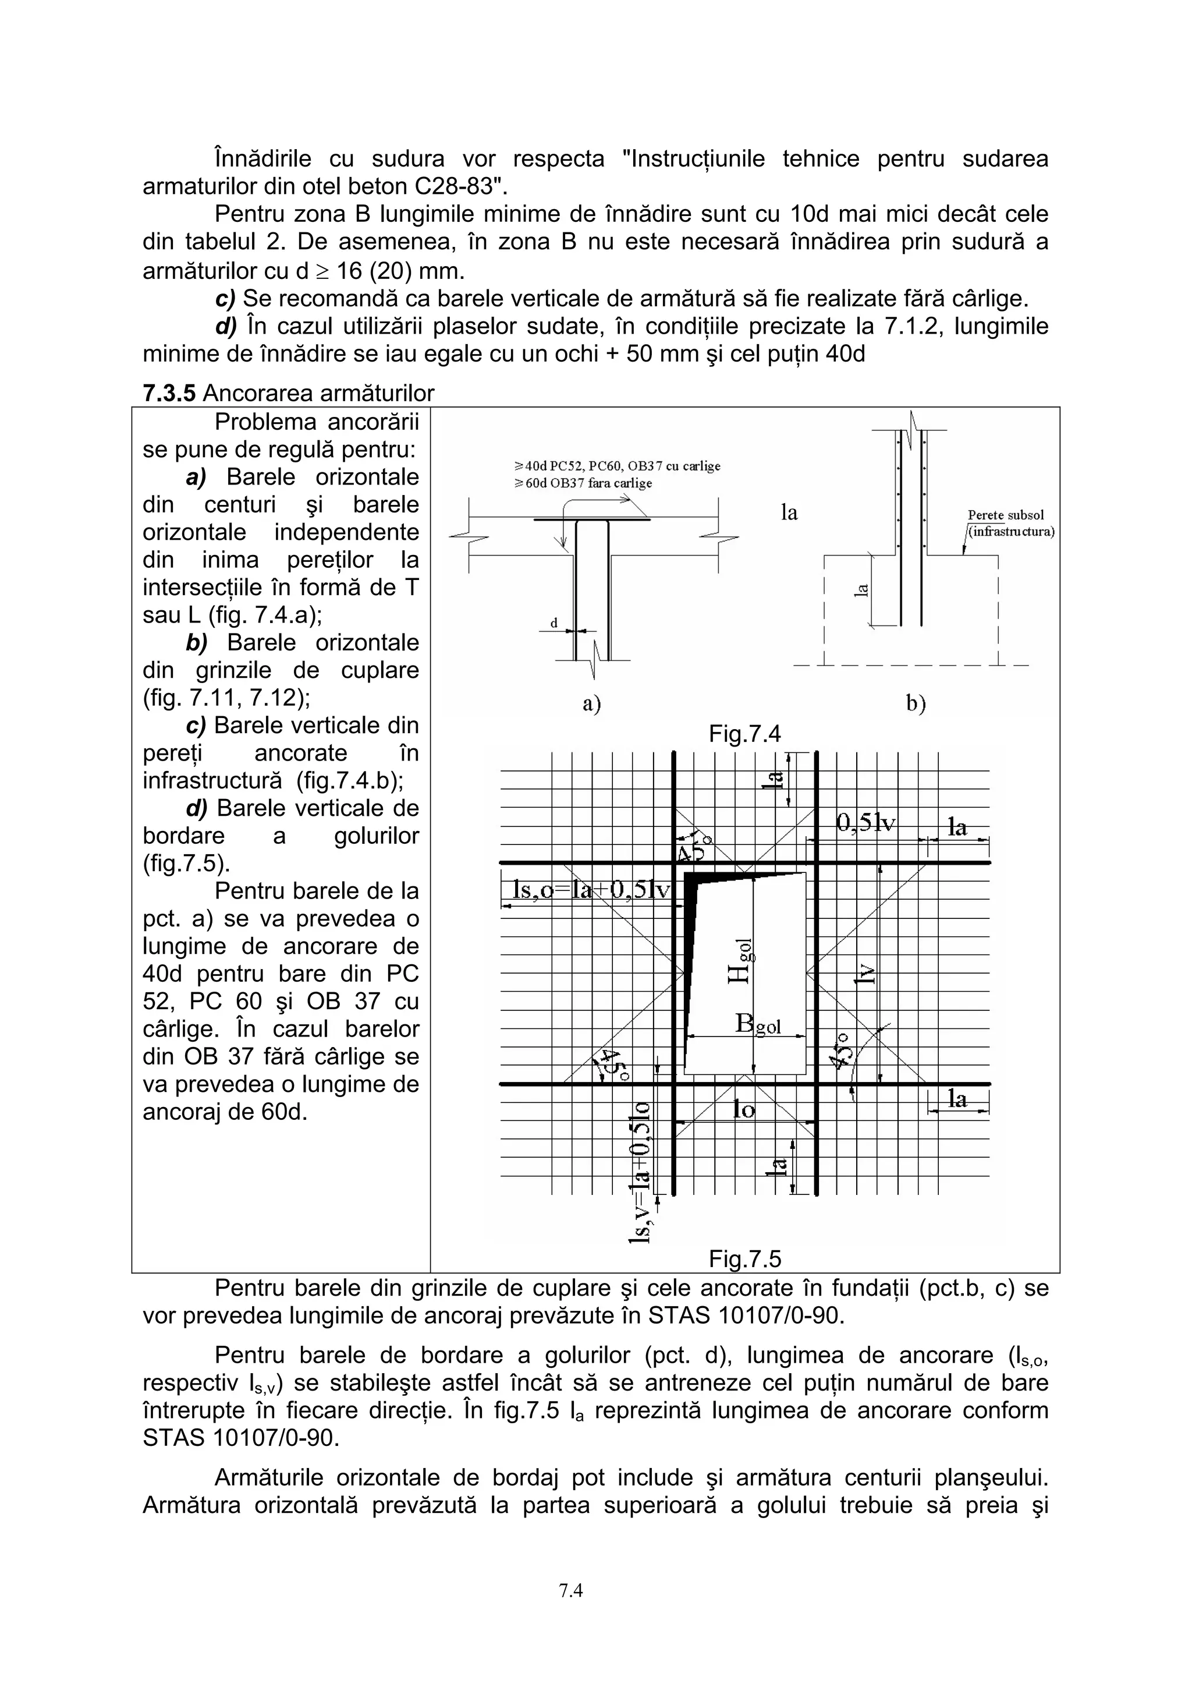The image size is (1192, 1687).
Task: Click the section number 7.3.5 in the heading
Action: pos(169,394)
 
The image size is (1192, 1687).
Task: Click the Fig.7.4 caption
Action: pos(744,733)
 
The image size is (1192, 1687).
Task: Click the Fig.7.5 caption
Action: pos(744,1260)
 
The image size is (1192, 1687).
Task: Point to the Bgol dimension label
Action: pos(758,1024)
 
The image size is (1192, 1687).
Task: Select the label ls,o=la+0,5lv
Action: pos(586,890)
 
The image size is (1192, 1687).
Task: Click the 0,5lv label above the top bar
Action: pos(866,823)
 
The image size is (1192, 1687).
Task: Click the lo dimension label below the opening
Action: pos(743,1109)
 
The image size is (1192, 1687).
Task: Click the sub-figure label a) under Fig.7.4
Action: pos(591,703)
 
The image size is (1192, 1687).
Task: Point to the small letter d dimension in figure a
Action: pos(555,623)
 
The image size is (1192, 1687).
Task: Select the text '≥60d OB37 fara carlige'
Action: pos(583,483)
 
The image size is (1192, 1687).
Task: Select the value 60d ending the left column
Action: pos(283,1112)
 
